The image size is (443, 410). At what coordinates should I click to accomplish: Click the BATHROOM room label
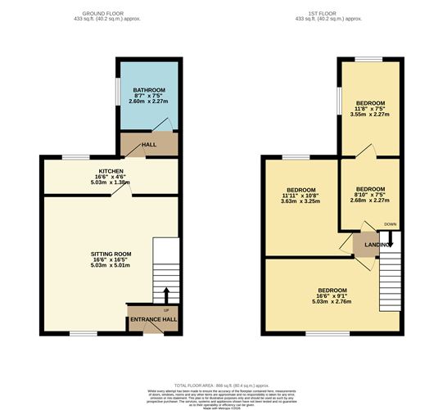point(149,89)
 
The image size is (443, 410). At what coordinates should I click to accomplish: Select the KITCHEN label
point(111,172)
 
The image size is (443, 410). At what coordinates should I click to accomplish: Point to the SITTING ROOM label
point(111,255)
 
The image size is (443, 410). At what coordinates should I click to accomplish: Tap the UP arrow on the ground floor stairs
point(165,295)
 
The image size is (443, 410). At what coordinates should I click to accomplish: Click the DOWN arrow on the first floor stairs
point(391,238)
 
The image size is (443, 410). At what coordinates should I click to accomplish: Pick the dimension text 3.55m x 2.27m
point(370,115)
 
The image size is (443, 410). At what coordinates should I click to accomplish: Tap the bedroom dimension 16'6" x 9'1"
point(332,296)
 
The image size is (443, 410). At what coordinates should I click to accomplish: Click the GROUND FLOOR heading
point(110,15)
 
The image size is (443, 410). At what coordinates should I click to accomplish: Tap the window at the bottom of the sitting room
point(83,333)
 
